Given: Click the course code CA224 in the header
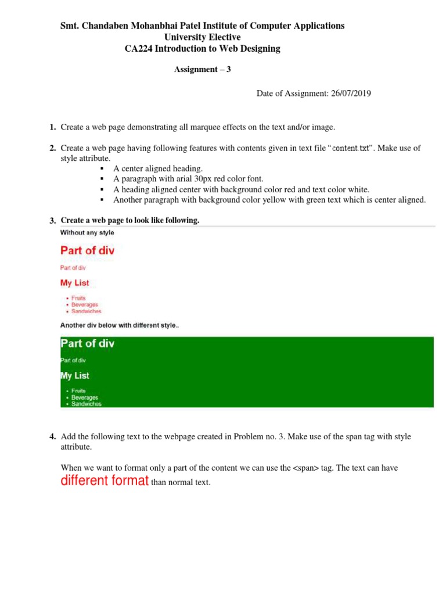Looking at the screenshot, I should click(x=137, y=49).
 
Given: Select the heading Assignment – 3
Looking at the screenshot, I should click(x=203, y=69).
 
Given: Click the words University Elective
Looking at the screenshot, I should click(x=202, y=37).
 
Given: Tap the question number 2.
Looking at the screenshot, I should click(x=52, y=148).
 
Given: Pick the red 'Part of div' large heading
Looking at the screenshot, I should click(x=87, y=250).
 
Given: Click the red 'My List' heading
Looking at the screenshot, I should click(x=75, y=283).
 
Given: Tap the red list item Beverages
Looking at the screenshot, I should click(x=85, y=304).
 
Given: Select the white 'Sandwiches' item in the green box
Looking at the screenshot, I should click(x=86, y=404).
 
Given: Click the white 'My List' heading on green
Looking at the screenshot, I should click(x=75, y=375).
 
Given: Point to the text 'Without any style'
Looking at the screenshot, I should click(x=87, y=232).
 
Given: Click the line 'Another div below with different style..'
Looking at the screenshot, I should click(x=120, y=325).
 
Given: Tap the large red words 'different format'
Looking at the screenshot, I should click(x=105, y=481).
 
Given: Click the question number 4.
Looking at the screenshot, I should click(x=52, y=436).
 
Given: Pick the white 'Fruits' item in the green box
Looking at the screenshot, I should click(x=78, y=391).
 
